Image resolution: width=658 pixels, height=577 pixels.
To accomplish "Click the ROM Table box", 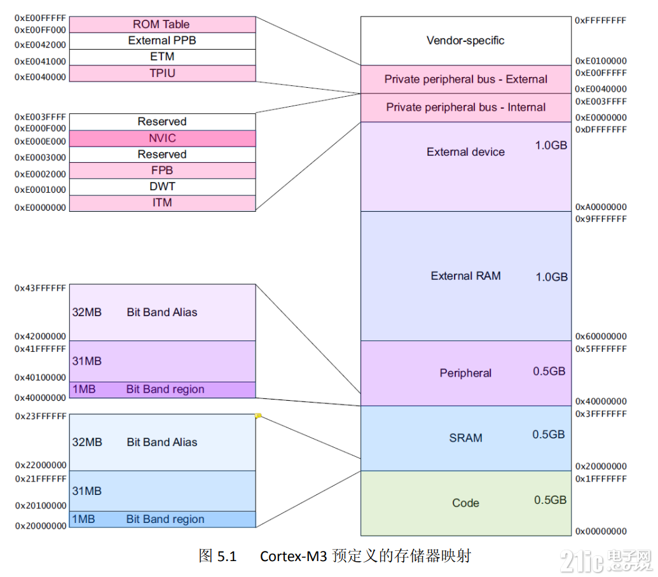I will point(161,25).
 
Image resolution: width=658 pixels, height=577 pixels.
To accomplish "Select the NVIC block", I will point(161,138).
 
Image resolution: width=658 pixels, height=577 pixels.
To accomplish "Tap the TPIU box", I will point(161,74).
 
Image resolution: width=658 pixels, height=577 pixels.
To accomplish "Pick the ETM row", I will point(161,57).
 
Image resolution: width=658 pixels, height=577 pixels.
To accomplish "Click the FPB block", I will point(161,170).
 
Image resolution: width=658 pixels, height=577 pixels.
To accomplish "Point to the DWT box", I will point(161,187).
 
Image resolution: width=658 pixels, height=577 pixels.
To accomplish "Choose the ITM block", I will point(161,203).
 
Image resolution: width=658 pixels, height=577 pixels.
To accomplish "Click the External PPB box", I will point(161,41).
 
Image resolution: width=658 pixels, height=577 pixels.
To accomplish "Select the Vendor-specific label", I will point(465,41).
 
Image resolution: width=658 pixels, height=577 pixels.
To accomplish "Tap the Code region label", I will point(465,503).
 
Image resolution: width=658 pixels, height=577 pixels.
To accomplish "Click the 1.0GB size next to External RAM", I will point(551,277).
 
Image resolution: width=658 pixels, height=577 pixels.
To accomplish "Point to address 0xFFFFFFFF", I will point(601,20).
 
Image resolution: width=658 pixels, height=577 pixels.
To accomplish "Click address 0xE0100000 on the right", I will point(601,61).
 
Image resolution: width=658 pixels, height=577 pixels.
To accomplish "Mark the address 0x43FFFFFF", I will point(40,288).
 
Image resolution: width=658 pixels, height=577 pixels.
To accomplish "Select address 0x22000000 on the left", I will point(40,465).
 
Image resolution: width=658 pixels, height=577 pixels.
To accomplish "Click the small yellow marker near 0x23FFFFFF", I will point(258,416).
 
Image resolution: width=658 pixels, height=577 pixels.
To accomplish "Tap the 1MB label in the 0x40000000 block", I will point(83,389).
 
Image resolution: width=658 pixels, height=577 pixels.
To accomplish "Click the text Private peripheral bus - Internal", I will point(465,108).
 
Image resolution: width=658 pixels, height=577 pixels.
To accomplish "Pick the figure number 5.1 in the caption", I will point(226,557).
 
